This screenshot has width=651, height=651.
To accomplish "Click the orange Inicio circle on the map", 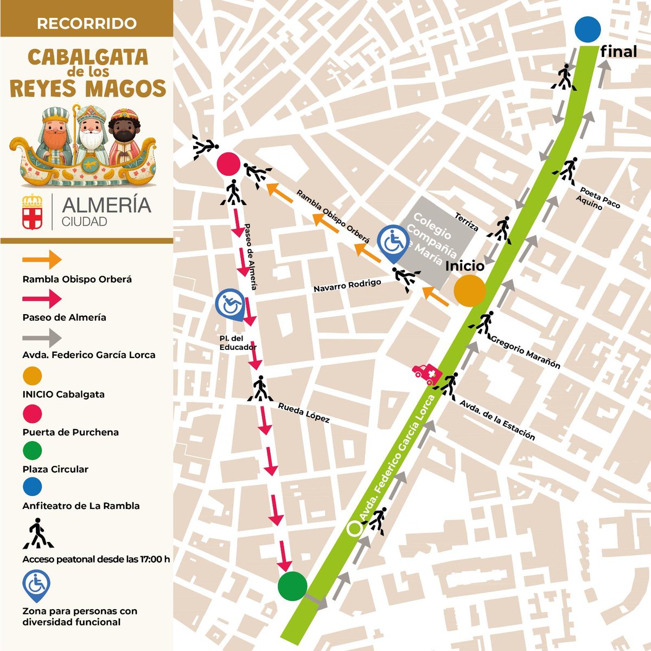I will point(469,291).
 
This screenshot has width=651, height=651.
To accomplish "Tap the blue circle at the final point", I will point(588,29).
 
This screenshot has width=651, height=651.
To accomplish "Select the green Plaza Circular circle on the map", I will point(292,586).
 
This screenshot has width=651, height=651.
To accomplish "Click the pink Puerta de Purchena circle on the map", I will point(228,163).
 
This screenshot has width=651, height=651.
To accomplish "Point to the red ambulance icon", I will point(426,374).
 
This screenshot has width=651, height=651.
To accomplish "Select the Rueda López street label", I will point(303,413).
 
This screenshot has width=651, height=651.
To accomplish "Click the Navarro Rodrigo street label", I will point(347,286).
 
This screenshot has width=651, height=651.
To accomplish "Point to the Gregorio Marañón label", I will point(525,352).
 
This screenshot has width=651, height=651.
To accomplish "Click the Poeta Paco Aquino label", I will point(597,199).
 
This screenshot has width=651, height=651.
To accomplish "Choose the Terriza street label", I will point(467,221).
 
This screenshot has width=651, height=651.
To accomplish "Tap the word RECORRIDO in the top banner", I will point(87,24).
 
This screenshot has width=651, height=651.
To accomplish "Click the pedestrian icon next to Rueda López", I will point(260,388).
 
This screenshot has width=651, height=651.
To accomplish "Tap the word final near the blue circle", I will point(618,52).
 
